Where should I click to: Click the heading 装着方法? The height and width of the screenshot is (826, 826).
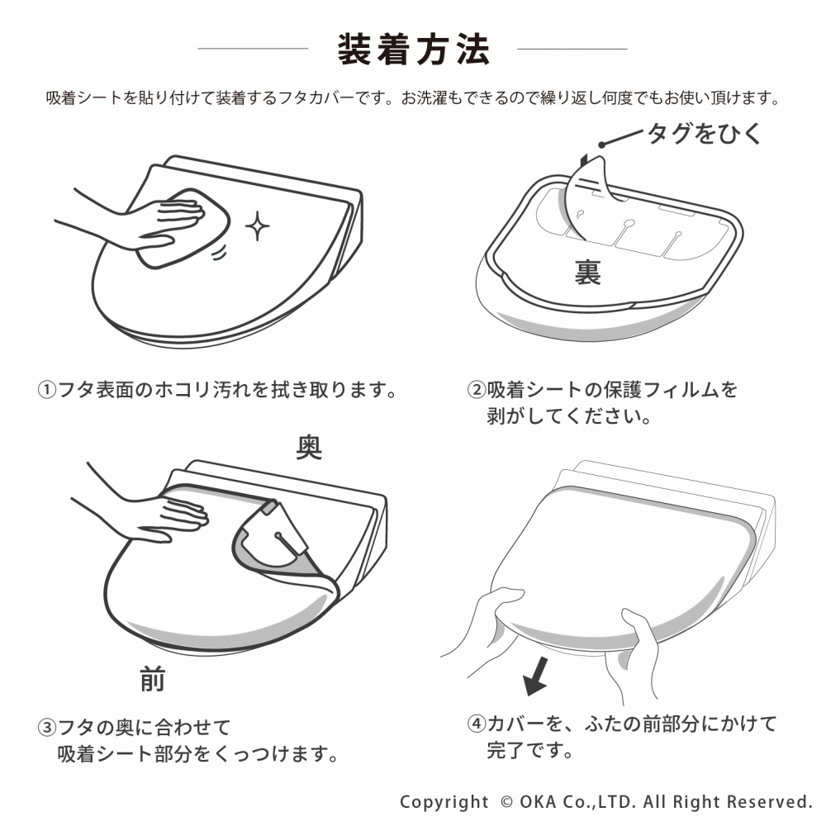414,50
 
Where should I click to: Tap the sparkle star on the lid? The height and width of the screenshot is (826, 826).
257,226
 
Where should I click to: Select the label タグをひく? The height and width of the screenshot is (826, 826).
705,133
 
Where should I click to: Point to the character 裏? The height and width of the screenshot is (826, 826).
587,273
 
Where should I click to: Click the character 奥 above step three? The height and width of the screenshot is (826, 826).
309,447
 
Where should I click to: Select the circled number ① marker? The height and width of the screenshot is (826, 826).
47,391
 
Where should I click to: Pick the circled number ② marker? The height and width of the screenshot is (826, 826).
477,391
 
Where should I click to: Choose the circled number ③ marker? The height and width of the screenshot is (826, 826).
47,728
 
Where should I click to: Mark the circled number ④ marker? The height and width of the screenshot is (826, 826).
477,724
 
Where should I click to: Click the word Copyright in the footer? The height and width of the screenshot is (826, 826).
444,802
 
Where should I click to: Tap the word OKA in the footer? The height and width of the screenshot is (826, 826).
538,802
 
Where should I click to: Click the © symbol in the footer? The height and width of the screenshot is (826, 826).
506,802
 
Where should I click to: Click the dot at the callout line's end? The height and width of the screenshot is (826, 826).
601,145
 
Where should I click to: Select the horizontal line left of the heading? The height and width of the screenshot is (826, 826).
253,49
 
